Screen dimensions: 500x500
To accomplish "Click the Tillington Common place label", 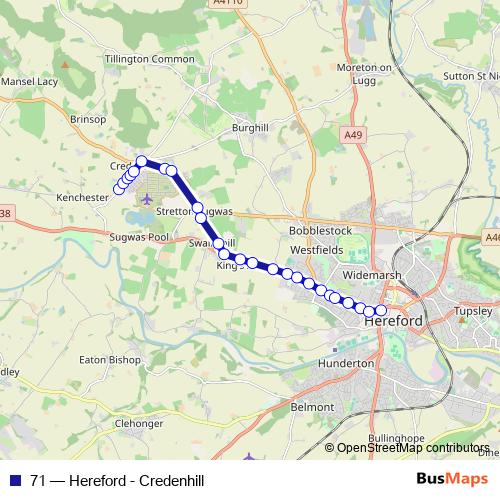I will coord(149,59).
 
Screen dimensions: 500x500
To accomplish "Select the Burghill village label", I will coord(250,128).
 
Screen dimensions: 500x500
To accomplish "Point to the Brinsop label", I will coord(88,118).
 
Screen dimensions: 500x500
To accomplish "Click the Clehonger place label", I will coord(138,423).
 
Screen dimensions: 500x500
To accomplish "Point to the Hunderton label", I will coord(345,363).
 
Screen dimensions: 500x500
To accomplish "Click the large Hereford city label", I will coord(392,322).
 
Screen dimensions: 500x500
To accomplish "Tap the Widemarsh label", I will coord(371,272).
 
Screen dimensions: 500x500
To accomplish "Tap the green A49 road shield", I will coord(351,134).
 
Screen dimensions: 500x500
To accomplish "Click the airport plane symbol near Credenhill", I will coord(148,198).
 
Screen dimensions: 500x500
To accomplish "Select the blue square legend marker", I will coord(14,480).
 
